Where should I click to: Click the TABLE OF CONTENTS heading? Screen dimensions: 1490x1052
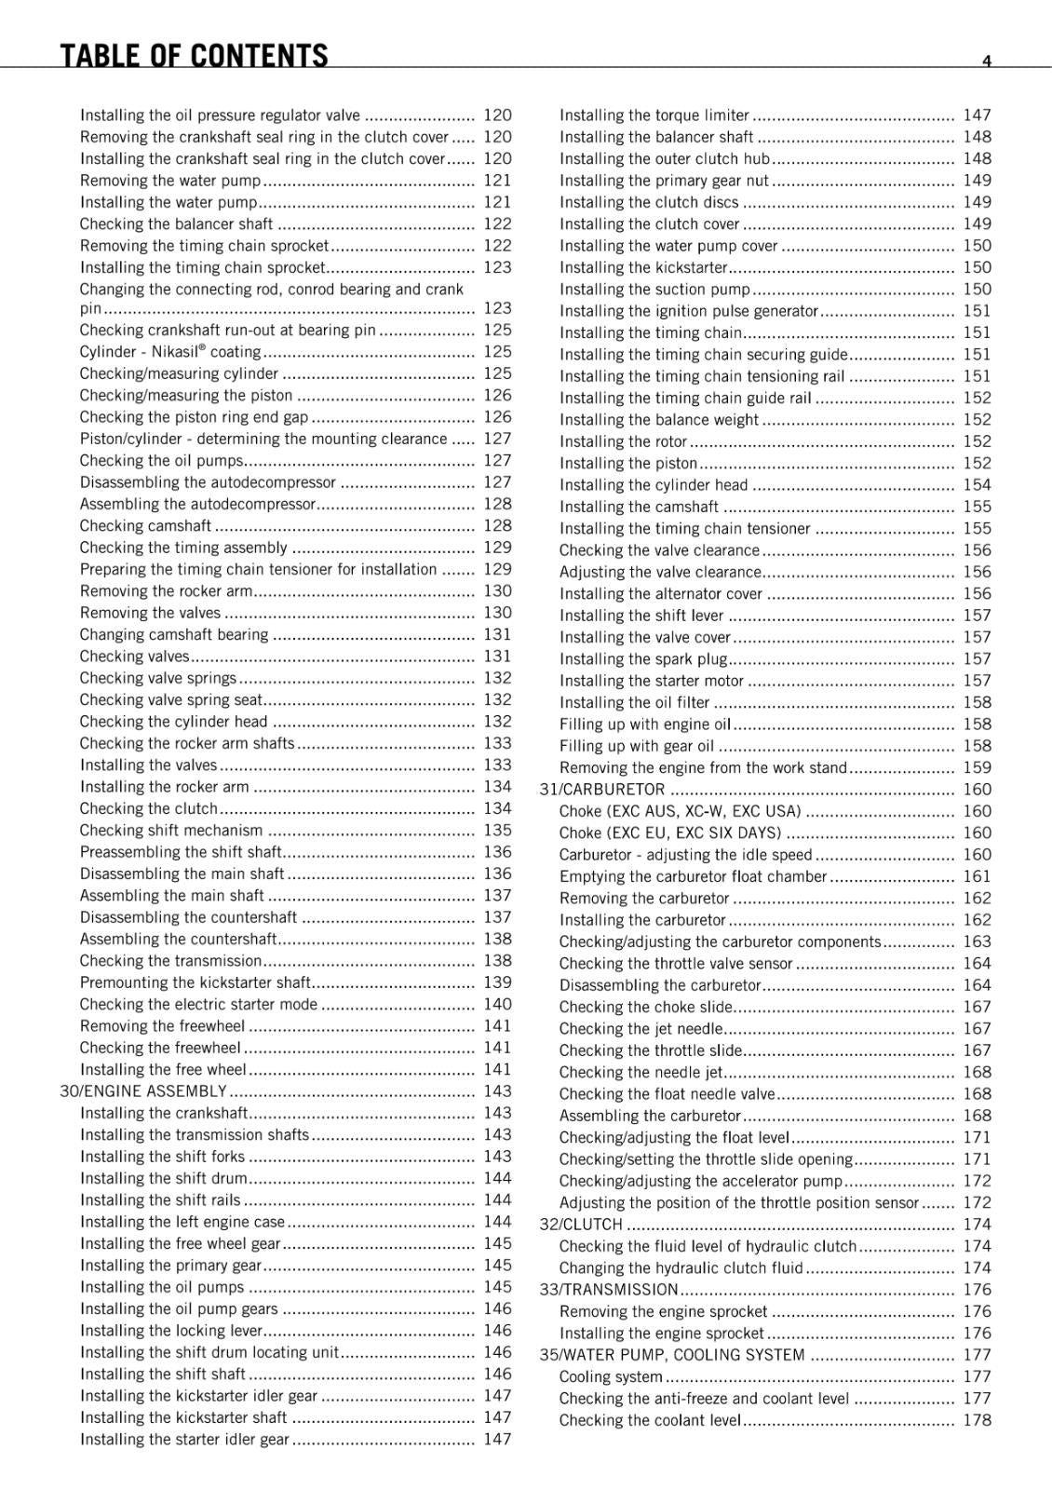point(194,56)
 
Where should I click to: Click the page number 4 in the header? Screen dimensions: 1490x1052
point(986,61)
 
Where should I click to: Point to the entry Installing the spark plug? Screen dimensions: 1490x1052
point(643,659)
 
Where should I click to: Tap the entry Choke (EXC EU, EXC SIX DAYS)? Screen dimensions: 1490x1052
point(670,833)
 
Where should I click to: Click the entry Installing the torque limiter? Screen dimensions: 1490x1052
point(654,115)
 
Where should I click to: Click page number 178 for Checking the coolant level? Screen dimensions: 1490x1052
point(978,1420)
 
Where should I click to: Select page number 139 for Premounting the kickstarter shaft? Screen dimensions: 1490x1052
point(497,982)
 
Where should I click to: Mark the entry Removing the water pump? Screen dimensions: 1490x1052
point(170,181)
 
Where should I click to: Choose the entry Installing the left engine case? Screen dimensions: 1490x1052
point(182,1222)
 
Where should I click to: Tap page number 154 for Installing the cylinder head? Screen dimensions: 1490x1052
point(978,485)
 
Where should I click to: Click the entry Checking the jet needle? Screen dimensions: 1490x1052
point(641,1029)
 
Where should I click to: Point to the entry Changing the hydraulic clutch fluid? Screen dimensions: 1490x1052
point(681,1268)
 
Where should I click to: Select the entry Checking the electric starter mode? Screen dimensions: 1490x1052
point(198,1005)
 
